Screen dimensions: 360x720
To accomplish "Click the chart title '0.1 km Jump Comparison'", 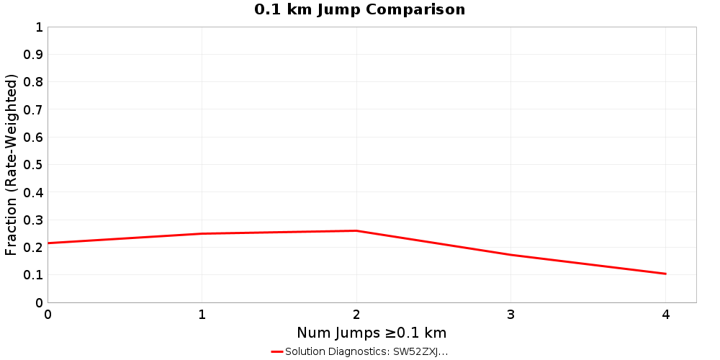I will point(359,10).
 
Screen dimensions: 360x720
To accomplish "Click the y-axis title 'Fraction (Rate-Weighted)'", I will point(12,165).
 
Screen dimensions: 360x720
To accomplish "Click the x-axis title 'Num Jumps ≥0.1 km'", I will point(372,333).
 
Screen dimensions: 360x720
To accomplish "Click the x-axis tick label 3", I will point(510,315).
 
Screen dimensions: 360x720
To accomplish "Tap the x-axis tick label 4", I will point(665,315).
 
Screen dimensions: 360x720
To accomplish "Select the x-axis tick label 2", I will point(356,315).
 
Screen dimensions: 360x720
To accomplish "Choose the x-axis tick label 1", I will point(202,315).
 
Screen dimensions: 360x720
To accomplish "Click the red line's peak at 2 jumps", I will point(356,230).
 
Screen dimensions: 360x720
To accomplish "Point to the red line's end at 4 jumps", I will point(665,274).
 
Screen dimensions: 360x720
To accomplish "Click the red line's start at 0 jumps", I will point(48,243).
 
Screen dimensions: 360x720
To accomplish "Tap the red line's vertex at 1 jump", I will point(202,233).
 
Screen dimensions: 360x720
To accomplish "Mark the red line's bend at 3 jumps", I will point(510,255).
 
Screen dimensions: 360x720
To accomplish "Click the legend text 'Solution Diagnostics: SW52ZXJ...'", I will point(366,351).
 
